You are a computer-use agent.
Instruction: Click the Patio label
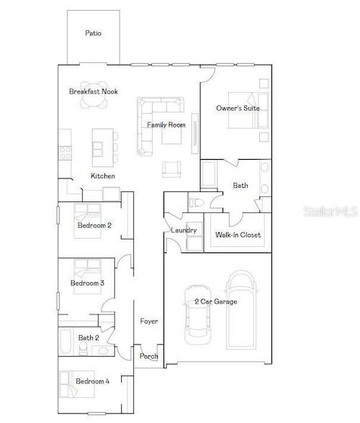tap(93, 33)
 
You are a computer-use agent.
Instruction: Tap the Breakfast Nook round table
tap(94, 95)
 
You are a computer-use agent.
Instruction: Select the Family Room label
tap(166, 125)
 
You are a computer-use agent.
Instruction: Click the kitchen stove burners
tap(66, 153)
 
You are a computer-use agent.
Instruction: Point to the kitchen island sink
tap(98, 149)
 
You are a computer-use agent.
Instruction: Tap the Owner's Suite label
tap(238, 108)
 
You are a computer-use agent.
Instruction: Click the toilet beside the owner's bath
tap(196, 202)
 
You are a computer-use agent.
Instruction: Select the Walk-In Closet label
tap(238, 235)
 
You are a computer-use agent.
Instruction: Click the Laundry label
tap(184, 230)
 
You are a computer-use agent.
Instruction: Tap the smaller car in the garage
tap(197, 314)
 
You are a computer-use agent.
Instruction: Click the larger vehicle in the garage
tap(241, 309)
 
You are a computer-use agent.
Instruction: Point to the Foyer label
tap(149, 321)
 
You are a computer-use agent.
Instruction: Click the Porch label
tap(148, 356)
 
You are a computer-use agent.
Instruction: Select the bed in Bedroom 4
tap(77, 384)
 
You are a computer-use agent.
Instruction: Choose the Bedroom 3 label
tap(87, 283)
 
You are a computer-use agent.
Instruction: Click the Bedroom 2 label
tap(94, 225)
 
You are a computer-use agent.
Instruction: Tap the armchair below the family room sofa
tap(171, 169)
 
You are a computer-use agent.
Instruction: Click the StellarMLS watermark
tap(330, 211)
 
